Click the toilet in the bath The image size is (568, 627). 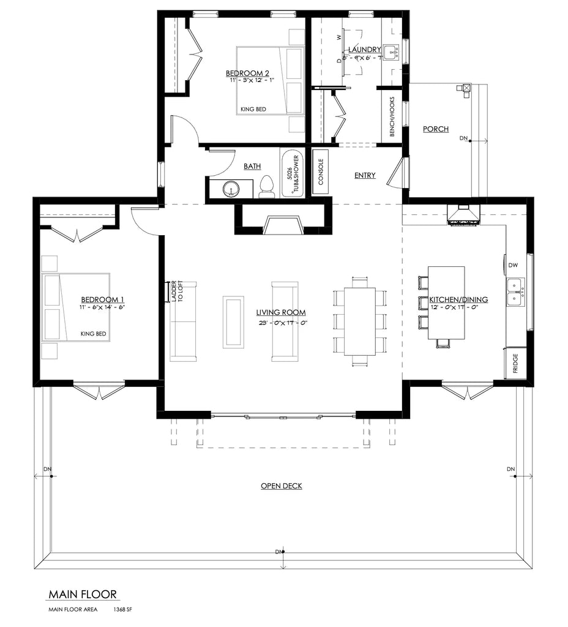pyautogui.click(x=267, y=187)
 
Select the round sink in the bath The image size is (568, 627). pyautogui.click(x=231, y=189)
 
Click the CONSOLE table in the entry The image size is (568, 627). pyautogui.click(x=321, y=172)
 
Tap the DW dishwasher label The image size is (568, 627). pyautogui.click(x=513, y=265)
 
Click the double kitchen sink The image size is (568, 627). pyautogui.click(x=515, y=291)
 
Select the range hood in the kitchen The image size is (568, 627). pyautogui.click(x=463, y=215)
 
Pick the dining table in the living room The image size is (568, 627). pyautogui.click(x=360, y=321)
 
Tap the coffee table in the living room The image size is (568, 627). pyautogui.click(x=233, y=321)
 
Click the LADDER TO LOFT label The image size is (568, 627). pyautogui.click(x=176, y=292)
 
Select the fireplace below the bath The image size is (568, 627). pyautogui.click(x=283, y=225)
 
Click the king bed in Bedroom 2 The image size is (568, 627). pyautogui.click(x=270, y=80)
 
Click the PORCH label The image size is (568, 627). pyautogui.click(x=436, y=129)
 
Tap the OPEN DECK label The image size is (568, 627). pyautogui.click(x=282, y=486)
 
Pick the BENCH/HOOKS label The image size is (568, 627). pyautogui.click(x=392, y=117)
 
